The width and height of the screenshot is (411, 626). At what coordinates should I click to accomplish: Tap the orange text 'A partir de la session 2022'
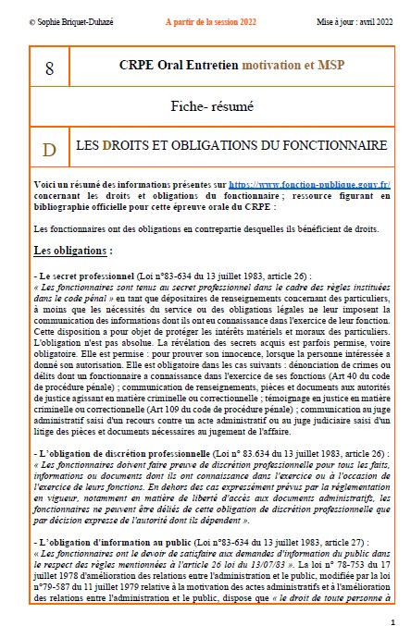[200, 18]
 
